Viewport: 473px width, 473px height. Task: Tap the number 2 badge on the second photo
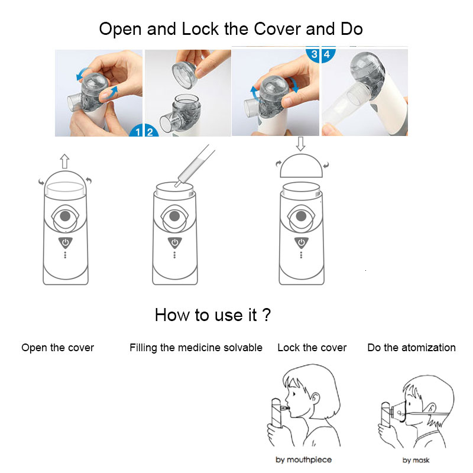tap(150, 132)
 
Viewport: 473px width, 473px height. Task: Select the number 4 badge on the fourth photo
tap(326, 54)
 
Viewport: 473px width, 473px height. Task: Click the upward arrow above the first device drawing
tap(64, 161)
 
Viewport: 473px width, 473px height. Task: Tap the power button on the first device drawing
tap(64, 242)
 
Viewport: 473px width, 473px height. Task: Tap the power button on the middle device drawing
tap(174, 242)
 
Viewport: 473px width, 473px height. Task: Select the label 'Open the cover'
tap(57, 348)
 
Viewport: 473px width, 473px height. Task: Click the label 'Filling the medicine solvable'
tap(196, 348)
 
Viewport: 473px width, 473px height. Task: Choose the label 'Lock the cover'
tap(312, 348)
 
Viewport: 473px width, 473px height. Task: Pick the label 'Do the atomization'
tap(412, 348)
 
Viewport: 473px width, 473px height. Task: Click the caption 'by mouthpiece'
tap(303, 459)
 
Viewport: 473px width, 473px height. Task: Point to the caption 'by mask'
tap(416, 459)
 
